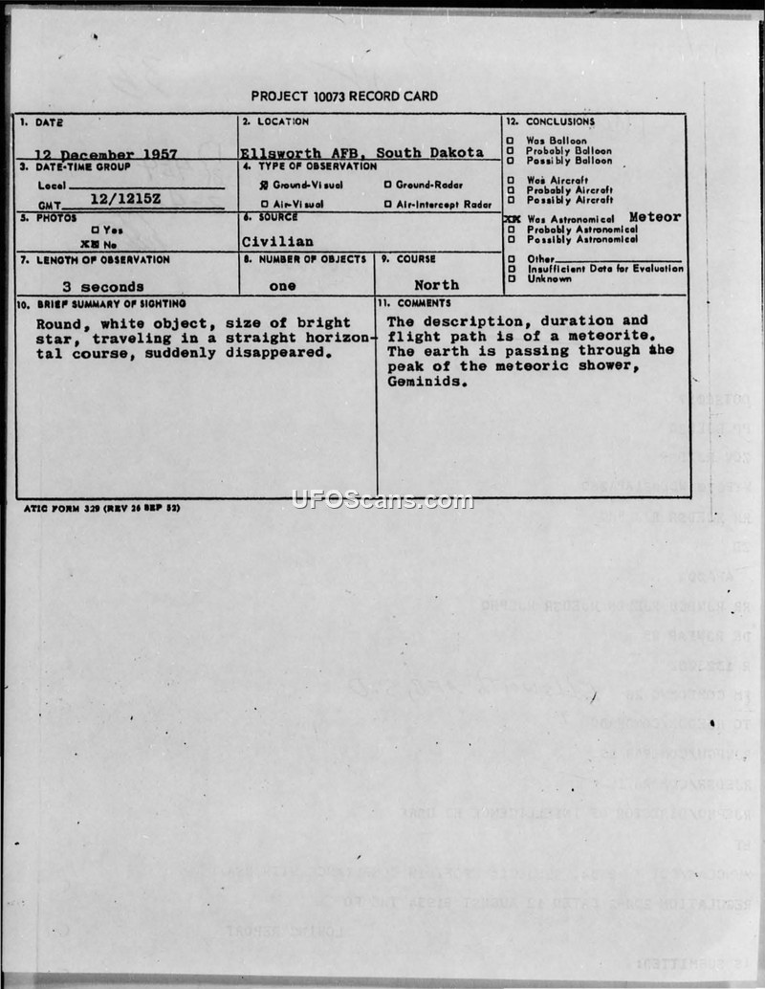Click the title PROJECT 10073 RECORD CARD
(x=344, y=97)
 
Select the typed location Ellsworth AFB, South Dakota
(x=361, y=153)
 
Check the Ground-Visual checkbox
(x=265, y=185)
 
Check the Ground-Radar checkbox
(x=387, y=185)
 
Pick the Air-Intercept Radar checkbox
(x=387, y=204)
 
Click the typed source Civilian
(x=277, y=242)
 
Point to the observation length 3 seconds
(x=102, y=286)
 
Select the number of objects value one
(x=282, y=286)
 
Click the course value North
(x=436, y=285)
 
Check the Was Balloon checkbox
(x=511, y=140)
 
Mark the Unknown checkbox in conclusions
(x=511, y=278)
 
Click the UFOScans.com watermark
(x=382, y=500)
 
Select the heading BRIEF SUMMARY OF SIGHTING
(x=93, y=303)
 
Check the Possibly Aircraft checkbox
(x=511, y=200)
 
